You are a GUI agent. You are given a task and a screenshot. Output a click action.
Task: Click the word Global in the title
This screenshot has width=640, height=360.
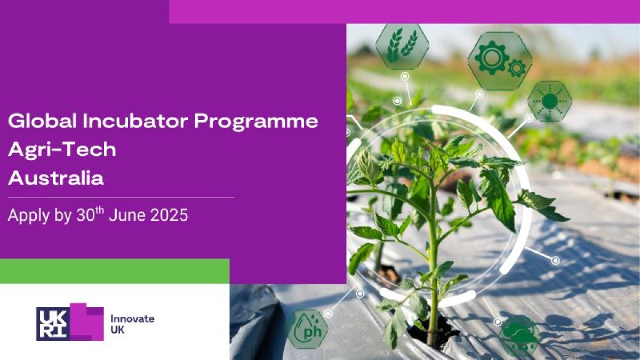(x=42, y=121)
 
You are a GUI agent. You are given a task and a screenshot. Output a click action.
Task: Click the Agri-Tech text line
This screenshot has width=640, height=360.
(x=62, y=149)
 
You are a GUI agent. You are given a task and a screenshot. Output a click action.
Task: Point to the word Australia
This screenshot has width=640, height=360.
(x=55, y=178)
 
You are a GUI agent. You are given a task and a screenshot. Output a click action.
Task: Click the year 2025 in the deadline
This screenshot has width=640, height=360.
(x=169, y=215)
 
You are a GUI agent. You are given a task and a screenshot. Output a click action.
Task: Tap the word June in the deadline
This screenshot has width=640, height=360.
(x=127, y=215)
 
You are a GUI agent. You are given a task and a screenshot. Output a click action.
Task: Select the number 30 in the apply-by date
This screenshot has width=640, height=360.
(x=85, y=215)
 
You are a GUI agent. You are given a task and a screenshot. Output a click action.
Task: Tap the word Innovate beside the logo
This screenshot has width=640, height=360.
(x=132, y=318)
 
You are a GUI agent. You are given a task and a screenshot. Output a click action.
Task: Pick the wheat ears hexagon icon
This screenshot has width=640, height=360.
(x=402, y=46)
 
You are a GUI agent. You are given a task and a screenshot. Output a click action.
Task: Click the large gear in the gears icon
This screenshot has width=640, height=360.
(x=491, y=58)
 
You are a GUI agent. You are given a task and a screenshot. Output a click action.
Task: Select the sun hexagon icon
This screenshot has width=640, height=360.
(x=550, y=101)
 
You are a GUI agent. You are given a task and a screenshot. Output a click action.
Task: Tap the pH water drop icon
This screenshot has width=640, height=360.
(x=308, y=329)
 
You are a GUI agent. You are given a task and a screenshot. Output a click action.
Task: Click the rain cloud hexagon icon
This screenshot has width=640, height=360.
(x=520, y=335)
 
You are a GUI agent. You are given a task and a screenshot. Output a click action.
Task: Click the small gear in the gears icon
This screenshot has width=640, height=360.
(x=517, y=68)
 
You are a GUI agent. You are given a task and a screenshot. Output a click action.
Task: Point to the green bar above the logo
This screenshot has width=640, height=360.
(x=115, y=271)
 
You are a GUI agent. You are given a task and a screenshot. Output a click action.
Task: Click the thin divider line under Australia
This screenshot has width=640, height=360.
(x=121, y=197)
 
